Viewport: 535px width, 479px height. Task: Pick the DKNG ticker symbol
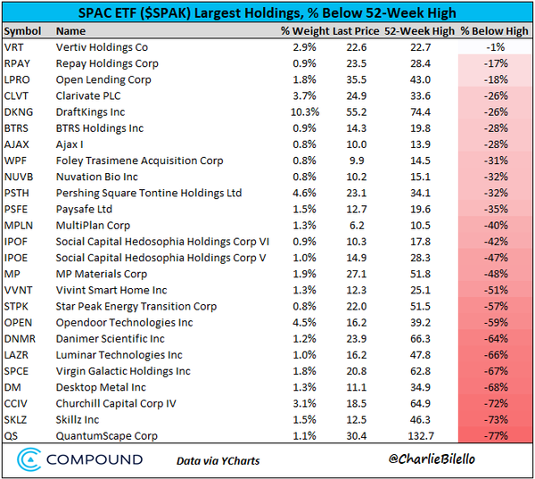tap(20, 112)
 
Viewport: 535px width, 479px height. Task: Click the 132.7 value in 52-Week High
tap(412, 435)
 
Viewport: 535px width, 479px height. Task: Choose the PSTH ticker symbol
tap(19, 194)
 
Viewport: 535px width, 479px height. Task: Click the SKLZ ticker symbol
tap(18, 419)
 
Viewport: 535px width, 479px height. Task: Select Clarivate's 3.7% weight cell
tap(305, 96)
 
